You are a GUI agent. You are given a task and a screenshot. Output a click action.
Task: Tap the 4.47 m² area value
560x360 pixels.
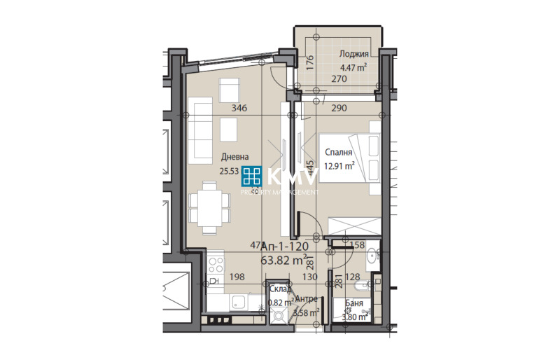coord(353,68)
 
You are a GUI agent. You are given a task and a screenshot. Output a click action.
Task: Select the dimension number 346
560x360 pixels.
coord(240,108)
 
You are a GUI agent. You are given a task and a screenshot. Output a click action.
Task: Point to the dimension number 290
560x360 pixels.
coord(339,108)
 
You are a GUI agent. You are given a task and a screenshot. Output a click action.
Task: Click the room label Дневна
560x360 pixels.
coord(234,157)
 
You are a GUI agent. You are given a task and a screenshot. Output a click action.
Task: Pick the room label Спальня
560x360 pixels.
coord(337,152)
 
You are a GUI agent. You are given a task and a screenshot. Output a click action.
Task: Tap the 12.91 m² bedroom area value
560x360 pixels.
coord(339,166)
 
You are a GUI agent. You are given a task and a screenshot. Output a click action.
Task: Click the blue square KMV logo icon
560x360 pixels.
coord(252,176)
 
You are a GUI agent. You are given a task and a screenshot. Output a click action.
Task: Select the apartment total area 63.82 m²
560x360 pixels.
coord(284,261)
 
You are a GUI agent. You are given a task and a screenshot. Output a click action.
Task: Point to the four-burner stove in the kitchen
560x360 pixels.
coord(216,265)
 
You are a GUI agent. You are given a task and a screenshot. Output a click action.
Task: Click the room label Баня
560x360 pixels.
coord(353,303)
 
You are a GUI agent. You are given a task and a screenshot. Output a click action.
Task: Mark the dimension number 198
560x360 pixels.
coord(236,277)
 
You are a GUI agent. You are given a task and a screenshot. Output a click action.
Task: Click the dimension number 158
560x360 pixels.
coord(357,245)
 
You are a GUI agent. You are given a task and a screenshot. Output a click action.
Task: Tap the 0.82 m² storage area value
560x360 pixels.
coord(280,303)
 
